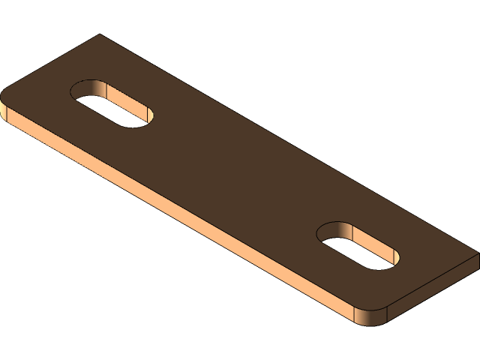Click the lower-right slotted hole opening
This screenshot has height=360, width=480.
(358, 245)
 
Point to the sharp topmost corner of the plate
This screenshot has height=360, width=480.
(99, 34)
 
